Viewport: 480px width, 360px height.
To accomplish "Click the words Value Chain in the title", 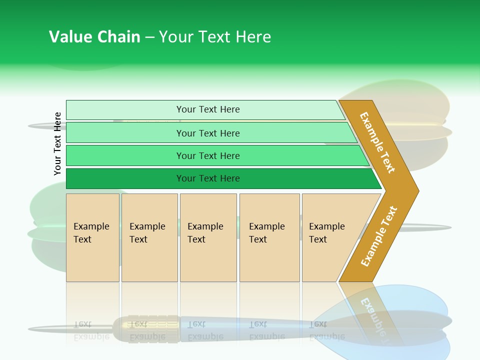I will tap(94, 36).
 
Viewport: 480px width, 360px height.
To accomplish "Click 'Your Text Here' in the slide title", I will tap(215, 36).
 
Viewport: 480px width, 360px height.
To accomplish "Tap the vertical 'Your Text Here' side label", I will tap(57, 143).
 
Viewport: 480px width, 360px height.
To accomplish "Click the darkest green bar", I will tap(125, 178).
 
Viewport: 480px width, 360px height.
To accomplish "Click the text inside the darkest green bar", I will tap(208, 178).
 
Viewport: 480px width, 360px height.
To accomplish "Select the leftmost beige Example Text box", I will tap(92, 237).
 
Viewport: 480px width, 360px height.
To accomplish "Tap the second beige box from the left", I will tap(149, 237).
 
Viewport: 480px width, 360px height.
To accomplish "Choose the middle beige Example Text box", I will tap(208, 237).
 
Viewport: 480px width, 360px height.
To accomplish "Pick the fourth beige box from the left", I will tap(269, 237).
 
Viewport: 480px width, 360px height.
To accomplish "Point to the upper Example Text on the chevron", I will tap(377, 142).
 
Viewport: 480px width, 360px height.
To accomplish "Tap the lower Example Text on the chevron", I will tap(379, 236).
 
